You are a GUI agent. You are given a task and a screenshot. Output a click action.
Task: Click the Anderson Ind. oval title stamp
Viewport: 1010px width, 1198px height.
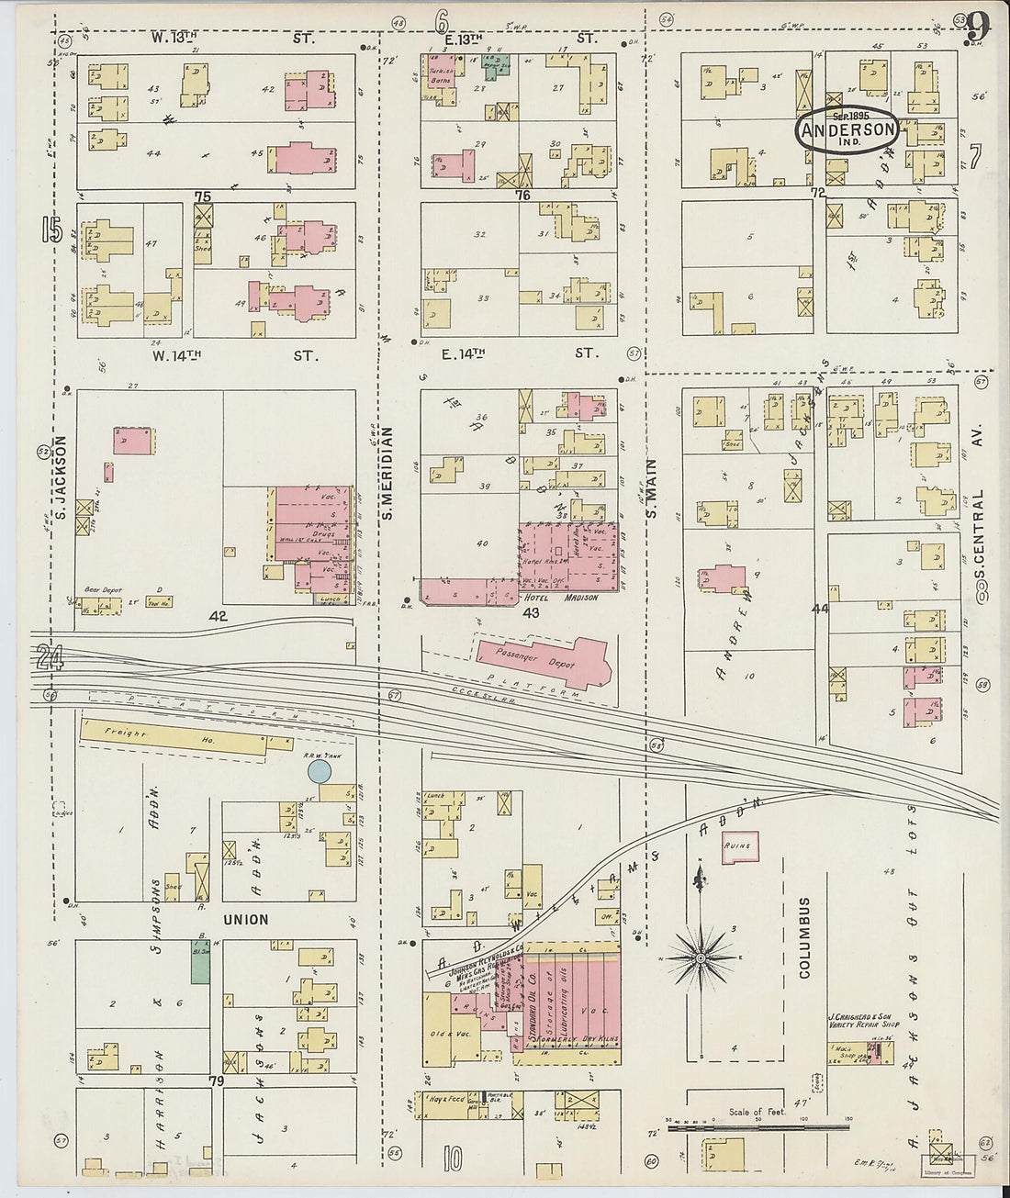[x=847, y=129]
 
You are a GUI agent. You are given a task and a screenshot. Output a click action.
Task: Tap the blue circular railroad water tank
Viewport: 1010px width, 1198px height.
[x=319, y=771]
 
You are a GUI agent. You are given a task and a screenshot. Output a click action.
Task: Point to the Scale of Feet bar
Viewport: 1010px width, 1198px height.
[x=757, y=1125]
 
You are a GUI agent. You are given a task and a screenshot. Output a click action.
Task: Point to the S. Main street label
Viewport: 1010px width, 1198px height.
[x=652, y=489]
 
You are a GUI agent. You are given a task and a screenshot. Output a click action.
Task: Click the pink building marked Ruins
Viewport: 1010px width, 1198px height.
[x=739, y=846]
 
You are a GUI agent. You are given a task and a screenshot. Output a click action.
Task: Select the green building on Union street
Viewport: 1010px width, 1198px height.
[x=199, y=960]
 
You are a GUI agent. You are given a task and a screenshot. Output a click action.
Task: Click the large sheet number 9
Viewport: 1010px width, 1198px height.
[x=977, y=26]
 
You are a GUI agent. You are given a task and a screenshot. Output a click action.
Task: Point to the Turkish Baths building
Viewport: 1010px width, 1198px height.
[x=442, y=77]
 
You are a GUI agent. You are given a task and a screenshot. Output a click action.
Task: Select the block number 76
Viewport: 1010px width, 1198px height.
[x=523, y=195]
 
